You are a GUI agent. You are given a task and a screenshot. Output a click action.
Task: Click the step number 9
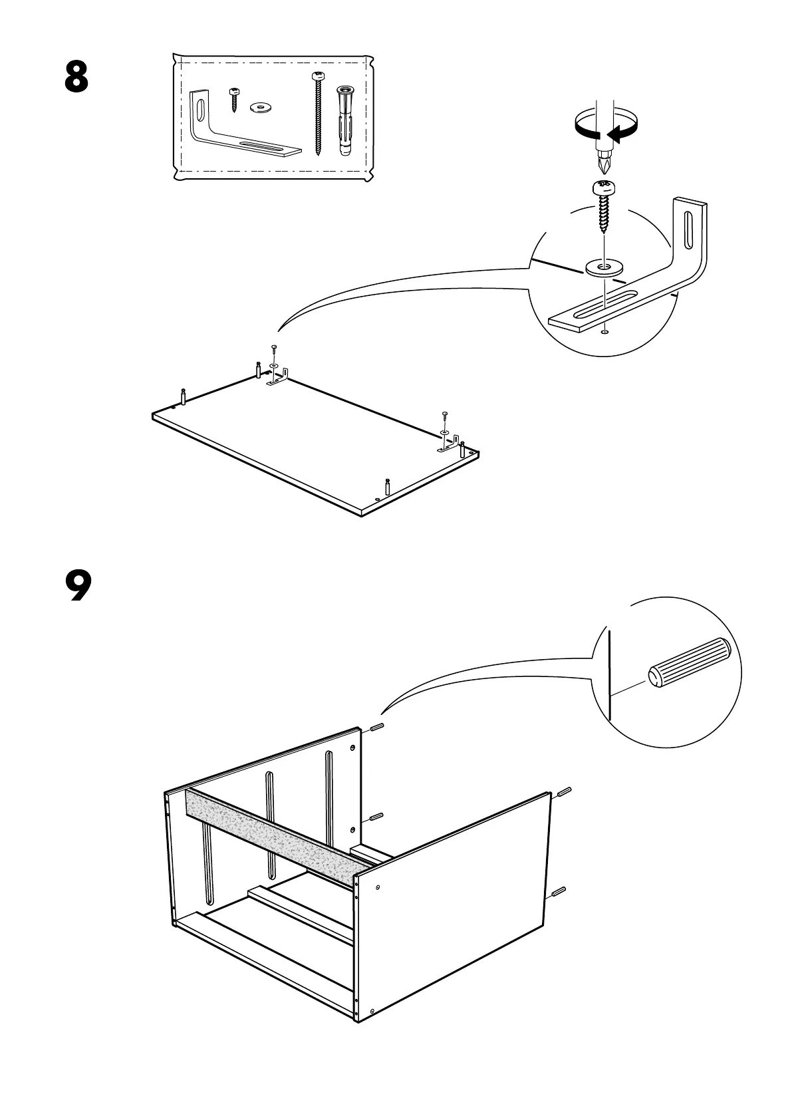pyautogui.click(x=78, y=585)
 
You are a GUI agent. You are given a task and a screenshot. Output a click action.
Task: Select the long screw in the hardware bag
pyautogui.click(x=318, y=113)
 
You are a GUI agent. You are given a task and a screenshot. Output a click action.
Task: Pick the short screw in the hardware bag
pyautogui.click(x=233, y=98)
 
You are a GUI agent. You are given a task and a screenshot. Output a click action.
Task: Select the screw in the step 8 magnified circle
pyautogui.click(x=604, y=203)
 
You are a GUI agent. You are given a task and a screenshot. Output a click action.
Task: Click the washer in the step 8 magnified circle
pyautogui.click(x=602, y=268)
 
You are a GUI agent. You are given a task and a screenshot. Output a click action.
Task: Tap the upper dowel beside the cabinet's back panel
pyautogui.click(x=375, y=728)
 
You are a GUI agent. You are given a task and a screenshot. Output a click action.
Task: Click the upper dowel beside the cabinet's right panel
pyautogui.click(x=563, y=792)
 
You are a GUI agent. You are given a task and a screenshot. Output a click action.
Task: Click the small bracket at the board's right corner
pyautogui.click(x=448, y=447)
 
